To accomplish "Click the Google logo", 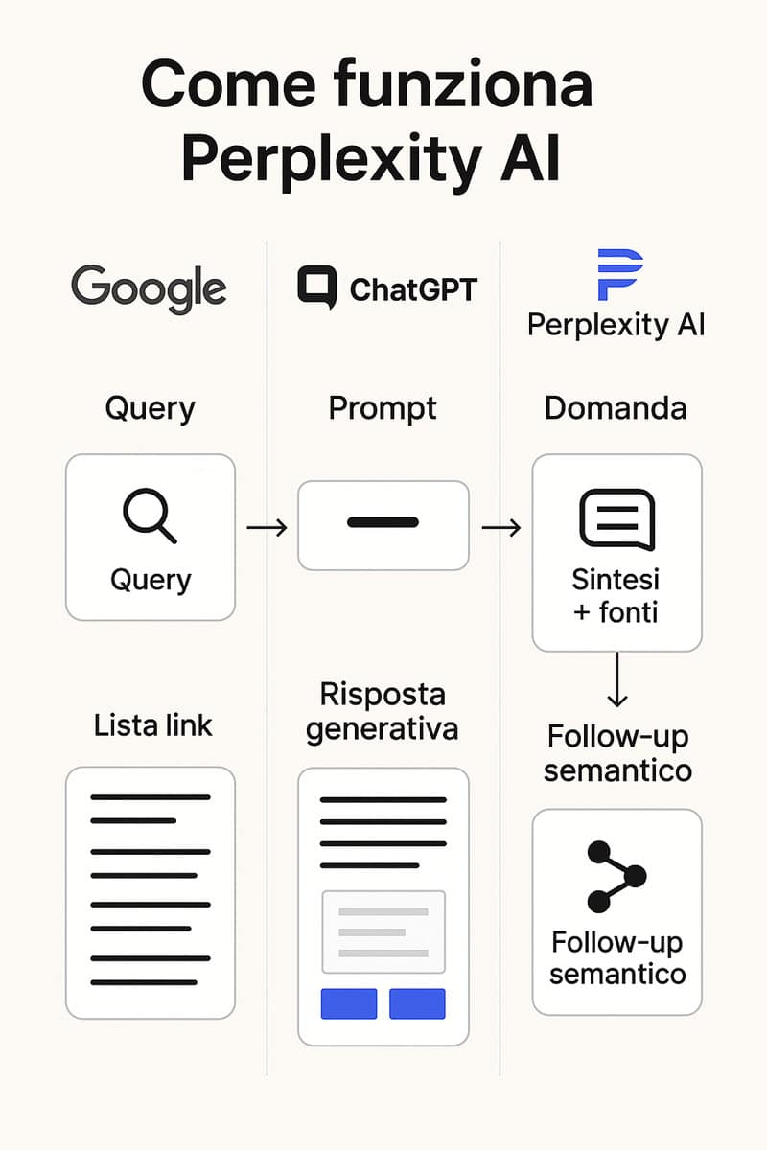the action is point(149,288).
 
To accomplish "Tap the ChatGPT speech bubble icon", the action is point(317,287).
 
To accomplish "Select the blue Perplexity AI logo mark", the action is point(619,275).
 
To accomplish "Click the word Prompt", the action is point(383,409).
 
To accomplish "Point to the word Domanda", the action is point(616,408).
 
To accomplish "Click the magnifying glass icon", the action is point(150,516).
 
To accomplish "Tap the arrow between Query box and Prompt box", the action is point(267,528).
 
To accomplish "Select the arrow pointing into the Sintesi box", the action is point(501,528).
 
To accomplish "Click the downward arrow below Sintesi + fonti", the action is point(617,679).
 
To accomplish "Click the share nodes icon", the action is point(616,876).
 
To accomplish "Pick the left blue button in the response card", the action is point(349,1003).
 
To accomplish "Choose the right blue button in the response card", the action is point(417,1003).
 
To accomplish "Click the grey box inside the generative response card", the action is point(383,931).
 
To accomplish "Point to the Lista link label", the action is point(152,725).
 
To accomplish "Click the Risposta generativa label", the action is point(383,712).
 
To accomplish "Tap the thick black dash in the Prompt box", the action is point(383,522).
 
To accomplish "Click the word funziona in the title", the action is point(463,83).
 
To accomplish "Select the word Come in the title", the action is point(228,84).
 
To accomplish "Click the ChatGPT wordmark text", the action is point(413,289).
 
